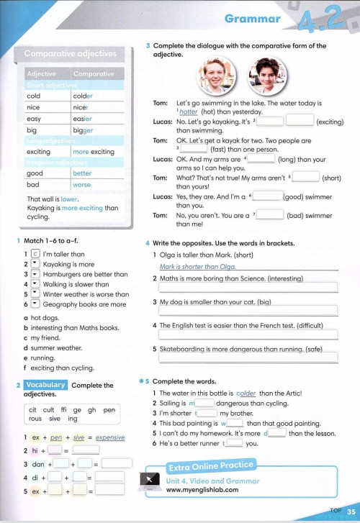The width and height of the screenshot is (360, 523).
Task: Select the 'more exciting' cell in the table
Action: (x=94, y=152)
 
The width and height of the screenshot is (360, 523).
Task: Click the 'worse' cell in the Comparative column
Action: (x=82, y=184)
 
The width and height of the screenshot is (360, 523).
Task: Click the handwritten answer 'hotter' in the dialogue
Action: (x=187, y=112)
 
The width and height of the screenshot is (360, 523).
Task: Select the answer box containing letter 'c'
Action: (x=35, y=254)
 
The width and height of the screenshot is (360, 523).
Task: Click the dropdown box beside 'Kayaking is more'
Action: (x=35, y=264)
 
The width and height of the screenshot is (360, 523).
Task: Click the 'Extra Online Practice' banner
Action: (x=210, y=465)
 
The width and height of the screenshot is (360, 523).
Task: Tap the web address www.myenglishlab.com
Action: (x=202, y=489)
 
